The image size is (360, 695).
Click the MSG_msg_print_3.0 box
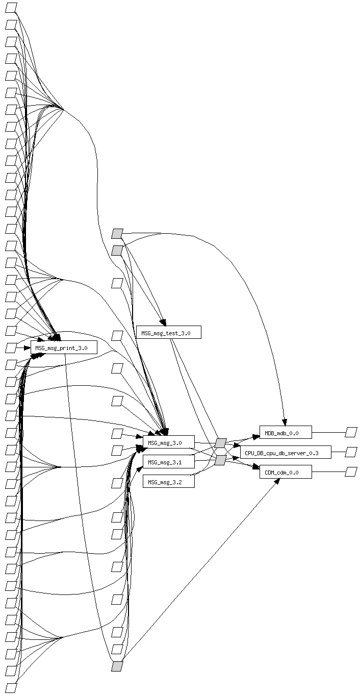tap(64, 348)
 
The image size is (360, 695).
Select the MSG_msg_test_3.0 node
tap(168, 333)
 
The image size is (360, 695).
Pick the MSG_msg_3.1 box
tap(168, 462)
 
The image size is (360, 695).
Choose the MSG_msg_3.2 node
tap(168, 481)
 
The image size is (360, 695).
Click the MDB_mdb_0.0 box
tap(285, 433)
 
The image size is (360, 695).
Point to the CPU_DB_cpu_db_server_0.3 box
tap(285, 452)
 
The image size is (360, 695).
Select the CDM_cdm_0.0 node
tap(285, 473)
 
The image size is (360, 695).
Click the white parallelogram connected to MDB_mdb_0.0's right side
tap(351, 433)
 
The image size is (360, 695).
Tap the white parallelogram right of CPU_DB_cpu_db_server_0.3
tap(351, 452)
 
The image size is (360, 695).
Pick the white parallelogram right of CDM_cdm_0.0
tap(351, 472)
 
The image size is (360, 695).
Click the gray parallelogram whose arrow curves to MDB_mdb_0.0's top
tap(117, 234)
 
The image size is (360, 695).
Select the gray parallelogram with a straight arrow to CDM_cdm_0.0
tap(117, 666)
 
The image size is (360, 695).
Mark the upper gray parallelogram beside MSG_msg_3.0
tap(220, 443)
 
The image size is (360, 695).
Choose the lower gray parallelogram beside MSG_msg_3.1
tap(220, 461)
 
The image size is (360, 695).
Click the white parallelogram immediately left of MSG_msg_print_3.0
tap(11, 348)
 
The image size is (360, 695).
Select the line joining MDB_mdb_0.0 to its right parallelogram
tap(328, 433)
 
